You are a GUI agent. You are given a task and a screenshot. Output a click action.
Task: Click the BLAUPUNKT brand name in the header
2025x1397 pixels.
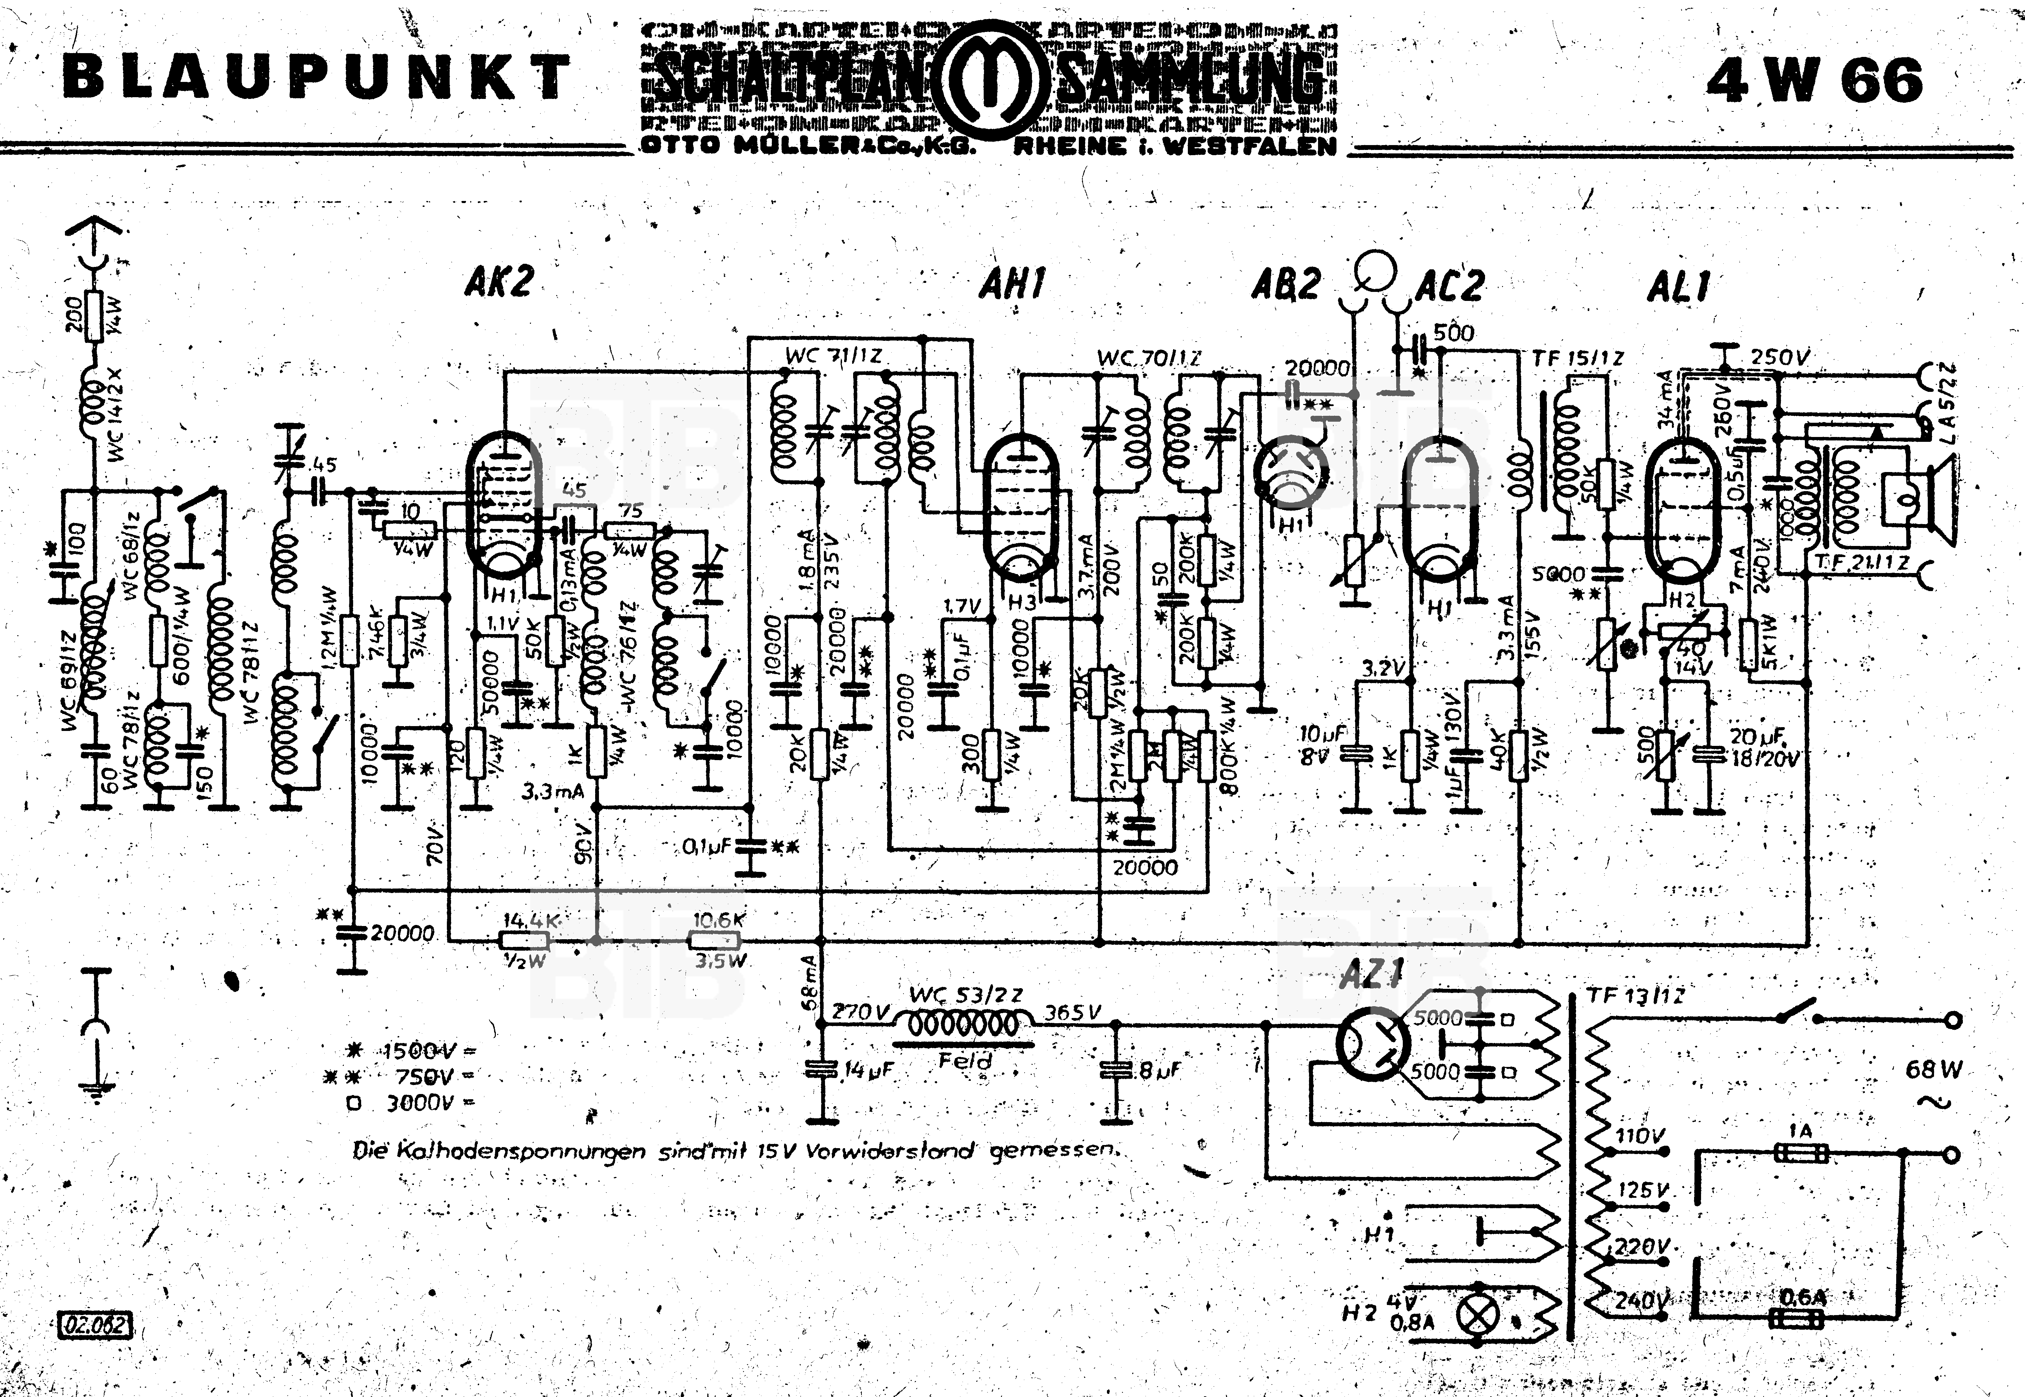[x=317, y=77]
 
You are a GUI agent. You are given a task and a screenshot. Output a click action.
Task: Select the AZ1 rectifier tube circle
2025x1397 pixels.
[x=1372, y=1043]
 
